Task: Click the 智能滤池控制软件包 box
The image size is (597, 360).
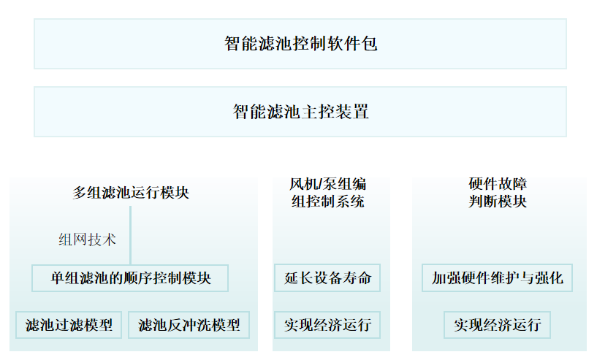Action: point(300,44)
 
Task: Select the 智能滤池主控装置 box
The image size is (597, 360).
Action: point(300,112)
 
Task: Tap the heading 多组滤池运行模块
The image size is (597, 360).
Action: point(131,193)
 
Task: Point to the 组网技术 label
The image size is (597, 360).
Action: point(87,240)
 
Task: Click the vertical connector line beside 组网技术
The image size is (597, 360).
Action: point(130,235)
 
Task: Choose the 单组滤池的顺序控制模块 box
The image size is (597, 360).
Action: point(130,278)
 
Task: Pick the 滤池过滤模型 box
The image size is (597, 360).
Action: point(69,325)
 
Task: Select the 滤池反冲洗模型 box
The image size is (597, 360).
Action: point(189,325)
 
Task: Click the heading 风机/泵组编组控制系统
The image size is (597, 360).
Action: point(328,193)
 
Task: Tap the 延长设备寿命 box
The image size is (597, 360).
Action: point(327,277)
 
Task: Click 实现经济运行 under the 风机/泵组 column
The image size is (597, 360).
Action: point(327,325)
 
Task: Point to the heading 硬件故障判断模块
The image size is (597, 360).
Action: point(498,193)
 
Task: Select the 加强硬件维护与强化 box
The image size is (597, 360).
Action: point(497,277)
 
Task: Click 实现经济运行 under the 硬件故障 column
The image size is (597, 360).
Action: point(497,325)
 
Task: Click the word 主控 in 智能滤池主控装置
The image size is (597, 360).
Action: point(318,112)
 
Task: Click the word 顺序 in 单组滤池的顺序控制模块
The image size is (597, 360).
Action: point(145,278)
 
